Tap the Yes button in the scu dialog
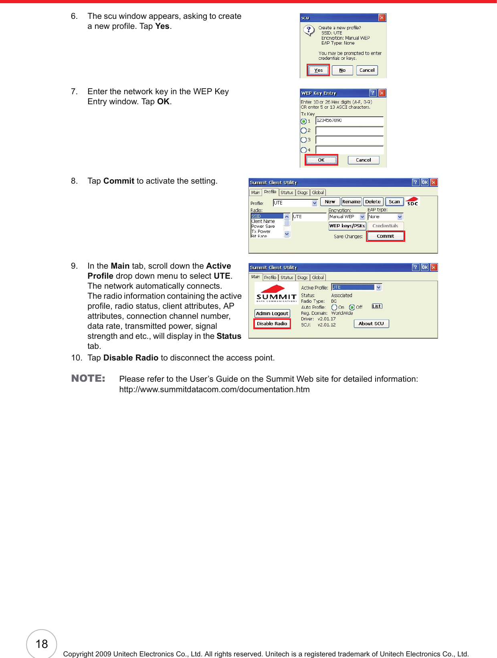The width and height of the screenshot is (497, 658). tap(318, 70)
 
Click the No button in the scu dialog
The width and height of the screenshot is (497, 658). tap(342, 70)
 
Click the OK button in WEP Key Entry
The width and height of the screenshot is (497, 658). tap(321, 160)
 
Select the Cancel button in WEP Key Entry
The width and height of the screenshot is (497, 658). tap(363, 160)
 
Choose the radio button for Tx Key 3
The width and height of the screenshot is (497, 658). tap(303, 140)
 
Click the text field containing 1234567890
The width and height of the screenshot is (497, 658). tap(349, 121)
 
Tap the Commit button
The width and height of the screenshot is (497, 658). tap(385, 236)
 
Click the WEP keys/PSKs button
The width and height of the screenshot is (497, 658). tap(347, 226)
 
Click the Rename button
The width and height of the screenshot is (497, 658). tap(351, 202)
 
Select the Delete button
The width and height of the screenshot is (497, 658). tap(373, 202)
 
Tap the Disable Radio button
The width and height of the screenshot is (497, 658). tap(272, 324)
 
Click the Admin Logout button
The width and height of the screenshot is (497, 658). tap(272, 314)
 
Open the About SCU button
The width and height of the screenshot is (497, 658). tap(371, 324)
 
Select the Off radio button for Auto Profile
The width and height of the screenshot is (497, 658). tap(352, 308)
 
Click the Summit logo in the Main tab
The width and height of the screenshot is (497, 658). tap(276, 293)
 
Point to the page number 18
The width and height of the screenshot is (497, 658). tap(42, 644)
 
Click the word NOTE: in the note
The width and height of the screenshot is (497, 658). tap(88, 379)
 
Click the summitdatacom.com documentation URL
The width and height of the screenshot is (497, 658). tap(214, 389)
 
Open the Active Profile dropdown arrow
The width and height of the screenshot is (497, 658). tap(378, 287)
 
